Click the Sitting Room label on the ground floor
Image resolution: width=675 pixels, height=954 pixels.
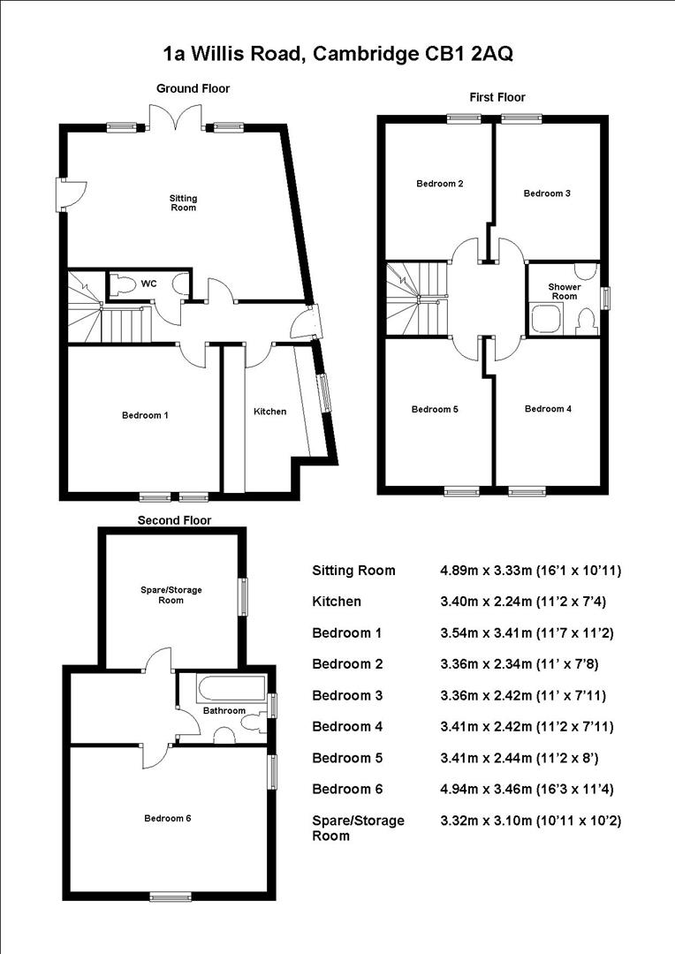coord(183,202)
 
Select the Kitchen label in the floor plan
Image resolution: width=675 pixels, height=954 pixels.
coord(270,412)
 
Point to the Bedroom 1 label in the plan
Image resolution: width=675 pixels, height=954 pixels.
coord(145,415)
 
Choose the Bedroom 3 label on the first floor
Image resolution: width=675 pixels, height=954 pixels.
coord(547,193)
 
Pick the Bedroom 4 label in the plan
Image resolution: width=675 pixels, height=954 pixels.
coord(548,409)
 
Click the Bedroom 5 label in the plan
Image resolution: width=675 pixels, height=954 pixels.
coord(435,410)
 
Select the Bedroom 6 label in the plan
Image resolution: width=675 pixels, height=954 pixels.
coord(168,818)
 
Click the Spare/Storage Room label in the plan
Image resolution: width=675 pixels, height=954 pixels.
coord(171,595)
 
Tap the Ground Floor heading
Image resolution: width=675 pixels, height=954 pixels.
coord(193,88)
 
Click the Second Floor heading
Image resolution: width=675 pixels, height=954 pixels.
coord(174,520)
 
